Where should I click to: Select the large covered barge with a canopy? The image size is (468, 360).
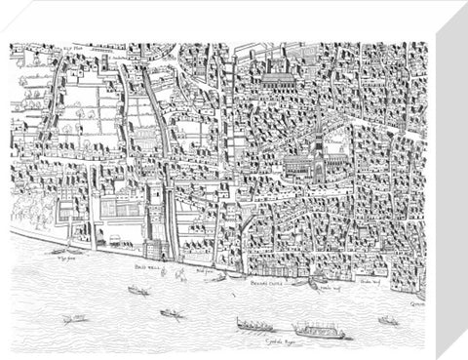tap(321, 329)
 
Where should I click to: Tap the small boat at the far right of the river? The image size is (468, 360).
tap(388, 319)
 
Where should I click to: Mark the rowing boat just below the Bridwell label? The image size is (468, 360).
tap(137, 290)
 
